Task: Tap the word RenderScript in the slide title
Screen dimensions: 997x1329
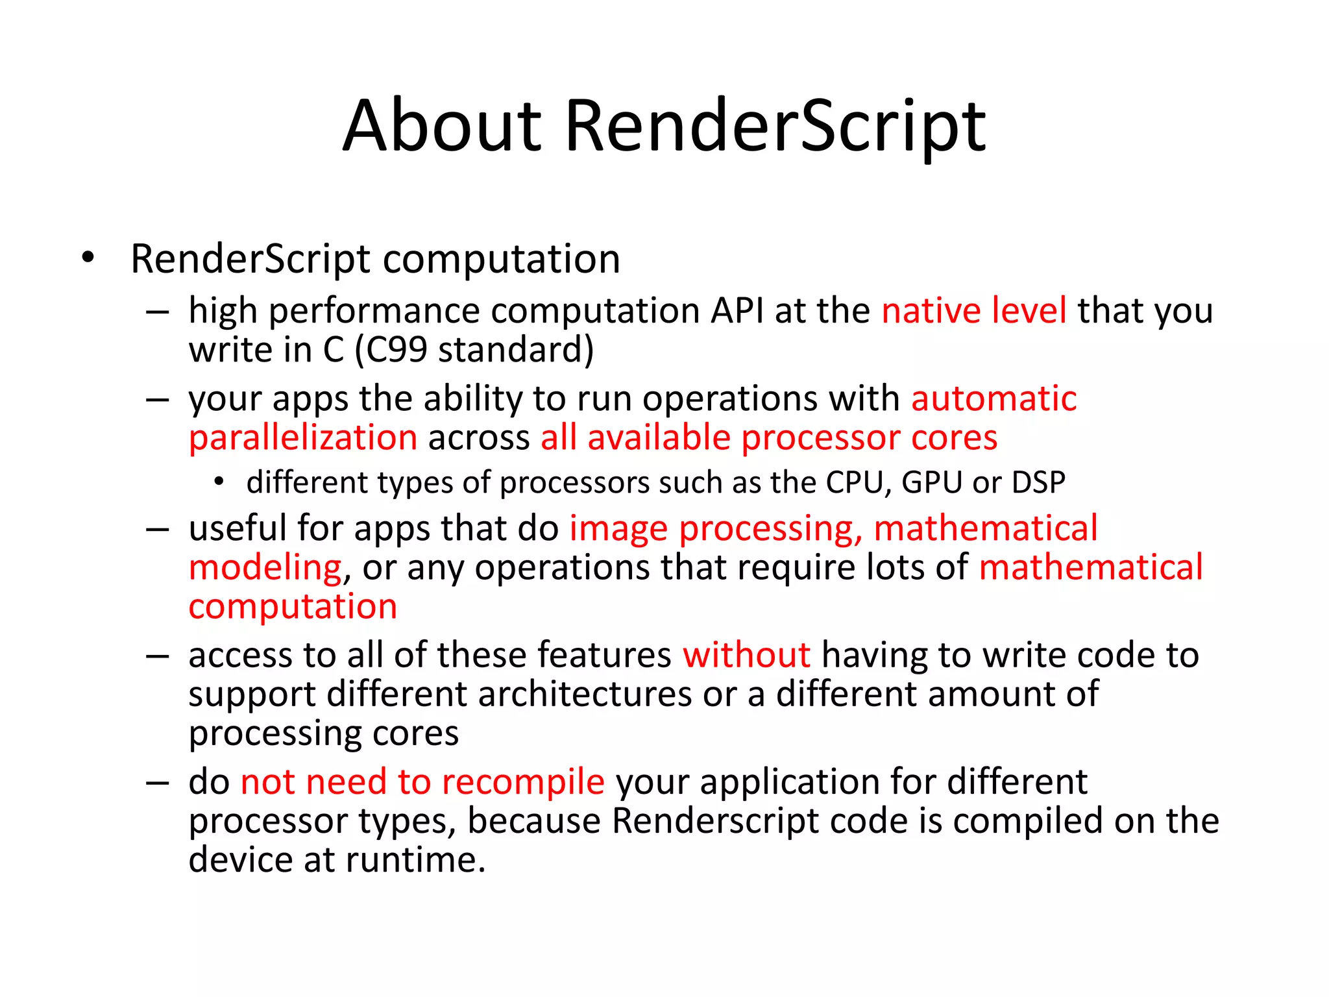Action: [x=775, y=127]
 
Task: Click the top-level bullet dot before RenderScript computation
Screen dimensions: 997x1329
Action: [x=88, y=258]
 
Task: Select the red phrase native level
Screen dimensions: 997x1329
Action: [x=973, y=310]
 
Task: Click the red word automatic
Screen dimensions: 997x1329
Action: [x=994, y=398]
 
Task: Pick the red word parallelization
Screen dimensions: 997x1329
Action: [x=303, y=437]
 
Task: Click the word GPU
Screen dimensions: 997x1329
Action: [x=931, y=483]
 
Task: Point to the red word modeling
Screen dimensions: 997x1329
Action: [x=265, y=568]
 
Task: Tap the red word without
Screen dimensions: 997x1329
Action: [x=746, y=654]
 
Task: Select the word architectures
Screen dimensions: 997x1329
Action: [x=585, y=694]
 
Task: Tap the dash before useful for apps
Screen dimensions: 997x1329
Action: [x=158, y=529]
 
